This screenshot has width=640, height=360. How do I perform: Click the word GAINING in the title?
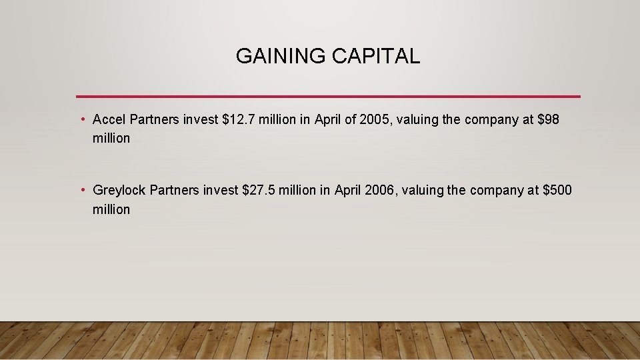click(x=273, y=57)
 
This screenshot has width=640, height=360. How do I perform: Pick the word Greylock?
click(x=119, y=191)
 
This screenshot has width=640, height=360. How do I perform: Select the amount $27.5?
click(x=259, y=191)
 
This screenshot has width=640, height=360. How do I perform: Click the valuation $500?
click(x=557, y=191)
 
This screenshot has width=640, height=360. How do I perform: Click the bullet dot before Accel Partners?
click(x=82, y=120)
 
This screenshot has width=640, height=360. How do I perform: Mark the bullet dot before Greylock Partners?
click(x=82, y=191)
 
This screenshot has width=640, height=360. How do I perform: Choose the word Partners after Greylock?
click(x=174, y=191)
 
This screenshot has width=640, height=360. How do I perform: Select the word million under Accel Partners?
click(x=111, y=139)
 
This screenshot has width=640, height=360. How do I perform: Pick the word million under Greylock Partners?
click(x=111, y=209)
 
